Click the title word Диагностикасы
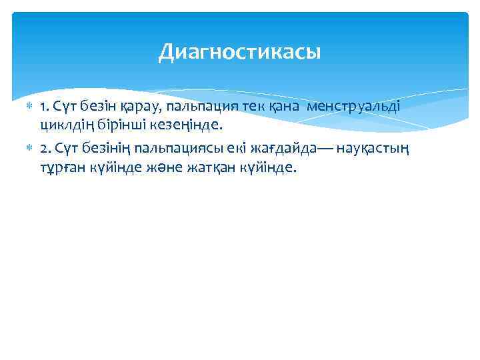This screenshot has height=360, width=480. click(239, 51)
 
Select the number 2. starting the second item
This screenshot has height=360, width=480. click(45, 149)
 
